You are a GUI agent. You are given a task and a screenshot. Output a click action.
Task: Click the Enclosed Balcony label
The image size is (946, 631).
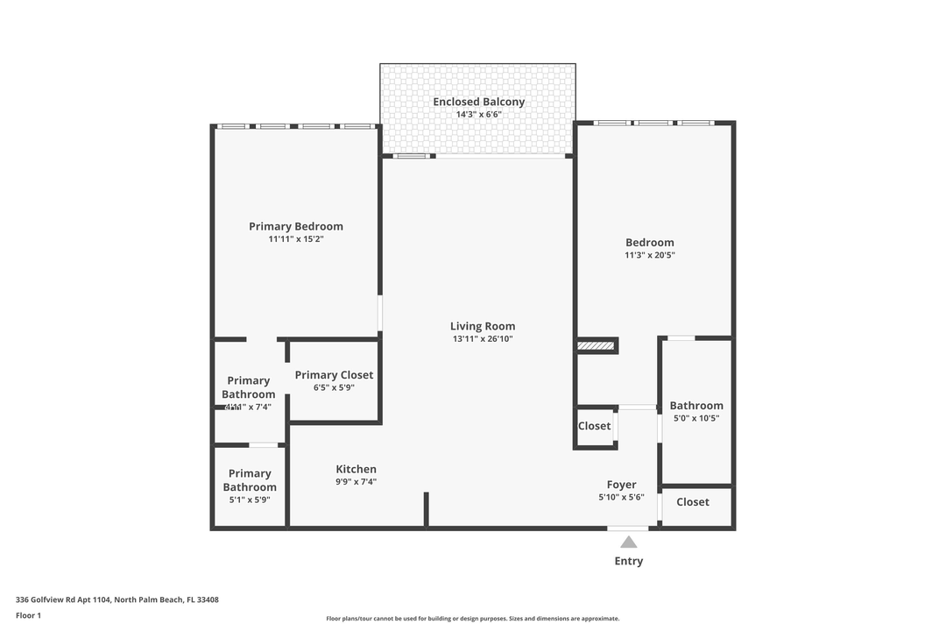coord(478,102)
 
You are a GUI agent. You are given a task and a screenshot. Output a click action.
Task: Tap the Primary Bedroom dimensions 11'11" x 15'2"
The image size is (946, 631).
coord(295,239)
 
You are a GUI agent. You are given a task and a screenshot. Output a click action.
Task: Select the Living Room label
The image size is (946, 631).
coord(483,326)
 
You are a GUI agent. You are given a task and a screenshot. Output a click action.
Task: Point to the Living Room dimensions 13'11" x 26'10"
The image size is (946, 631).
coord(483,339)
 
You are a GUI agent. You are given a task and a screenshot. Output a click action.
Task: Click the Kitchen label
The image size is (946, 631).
coord(356,470)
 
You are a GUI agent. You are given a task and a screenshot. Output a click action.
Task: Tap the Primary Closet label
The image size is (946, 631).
coord(334,375)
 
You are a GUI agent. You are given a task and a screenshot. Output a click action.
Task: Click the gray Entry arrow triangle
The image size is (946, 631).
coord(629,542)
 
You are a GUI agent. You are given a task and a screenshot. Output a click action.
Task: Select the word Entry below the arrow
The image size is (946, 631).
coord(629,561)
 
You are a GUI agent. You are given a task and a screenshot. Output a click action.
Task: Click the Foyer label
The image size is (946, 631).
coord(622,485)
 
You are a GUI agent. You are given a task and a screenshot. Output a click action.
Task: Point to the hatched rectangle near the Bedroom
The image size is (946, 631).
coord(595,347)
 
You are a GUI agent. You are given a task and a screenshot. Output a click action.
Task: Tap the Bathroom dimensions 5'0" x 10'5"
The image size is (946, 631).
coord(696,419)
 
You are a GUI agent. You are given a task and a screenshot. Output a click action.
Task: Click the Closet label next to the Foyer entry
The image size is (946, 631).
coord(692,502)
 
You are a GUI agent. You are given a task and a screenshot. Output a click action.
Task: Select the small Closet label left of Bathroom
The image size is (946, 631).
coord(594,426)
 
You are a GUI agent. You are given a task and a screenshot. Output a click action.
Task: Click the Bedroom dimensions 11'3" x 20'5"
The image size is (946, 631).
coord(649,256)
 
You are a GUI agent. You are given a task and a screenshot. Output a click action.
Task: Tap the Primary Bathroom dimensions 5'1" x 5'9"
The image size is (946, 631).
coord(249,500)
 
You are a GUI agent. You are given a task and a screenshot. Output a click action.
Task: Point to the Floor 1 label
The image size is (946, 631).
coord(28,615)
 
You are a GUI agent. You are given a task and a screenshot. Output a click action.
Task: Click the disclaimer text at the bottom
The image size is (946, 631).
coord(472,619)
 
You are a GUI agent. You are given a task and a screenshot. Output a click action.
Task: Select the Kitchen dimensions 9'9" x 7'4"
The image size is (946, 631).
coord(356,482)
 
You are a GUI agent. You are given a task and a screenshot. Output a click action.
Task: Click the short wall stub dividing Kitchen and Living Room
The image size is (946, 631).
coord(426,509)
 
